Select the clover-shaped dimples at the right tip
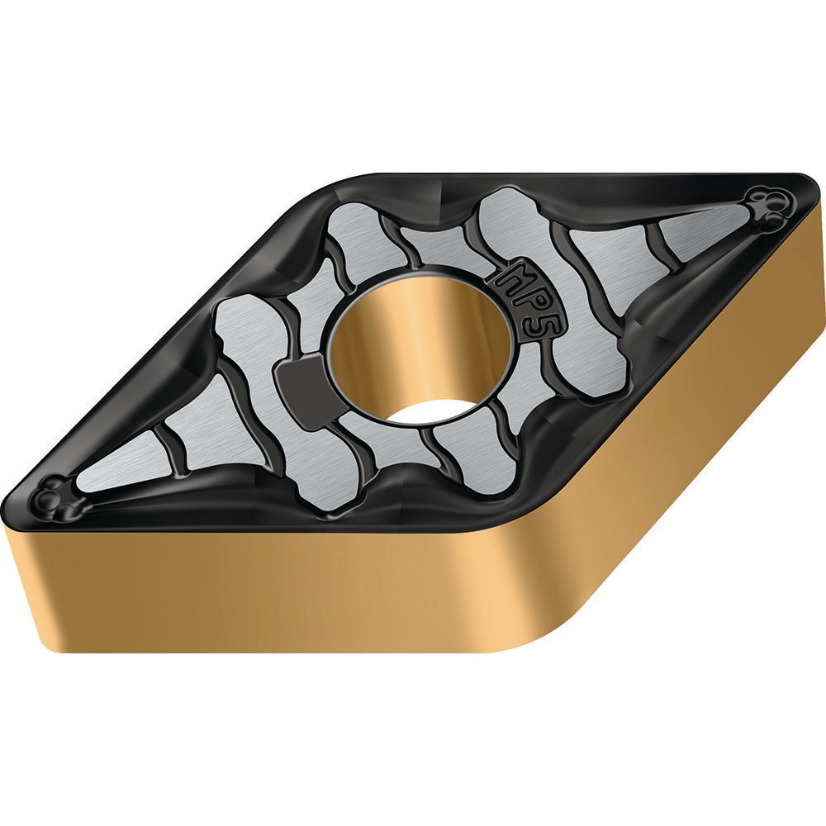pyautogui.click(x=765, y=206)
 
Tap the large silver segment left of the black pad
pyautogui.click(x=240, y=347)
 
